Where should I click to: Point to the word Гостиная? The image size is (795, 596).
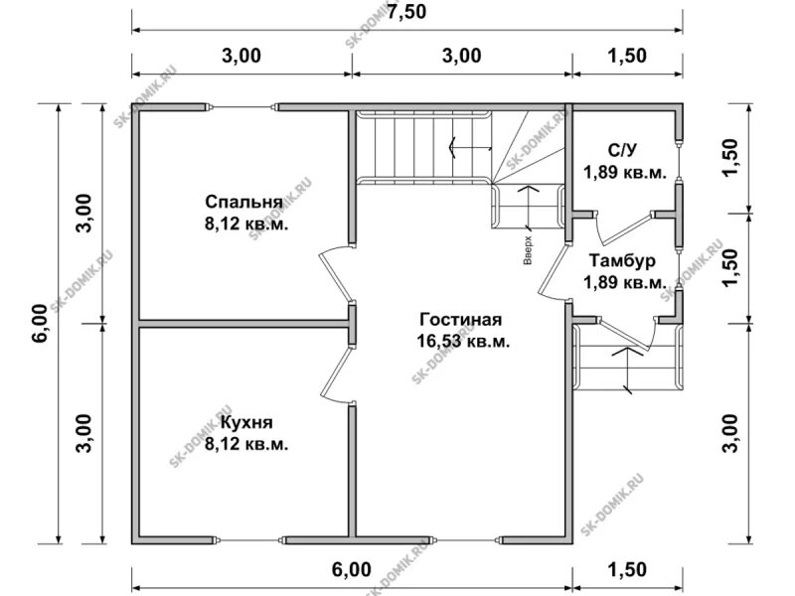460,320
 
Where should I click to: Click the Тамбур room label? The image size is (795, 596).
621,262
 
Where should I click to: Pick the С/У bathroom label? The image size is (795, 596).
622,151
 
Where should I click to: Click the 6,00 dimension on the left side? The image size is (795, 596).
39,324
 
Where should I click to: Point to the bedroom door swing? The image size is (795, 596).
334,274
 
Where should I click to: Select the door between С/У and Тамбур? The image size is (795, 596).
623,226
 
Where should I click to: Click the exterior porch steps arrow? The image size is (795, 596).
626,368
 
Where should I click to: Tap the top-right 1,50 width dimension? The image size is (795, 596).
627,56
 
